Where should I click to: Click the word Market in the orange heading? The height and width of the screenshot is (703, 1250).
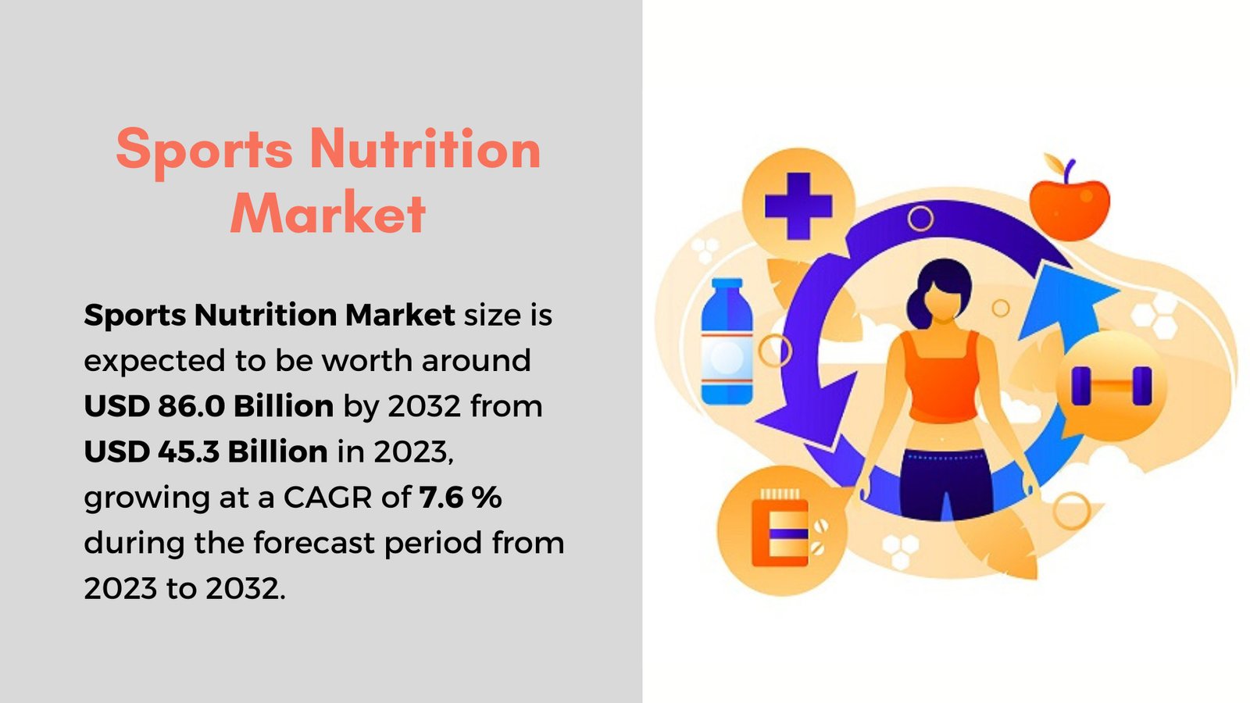click(x=328, y=212)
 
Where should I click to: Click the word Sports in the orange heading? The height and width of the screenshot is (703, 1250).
click(x=205, y=148)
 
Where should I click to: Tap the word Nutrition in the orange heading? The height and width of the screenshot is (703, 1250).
click(x=425, y=148)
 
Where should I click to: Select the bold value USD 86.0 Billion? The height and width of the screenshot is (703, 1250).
click(x=209, y=406)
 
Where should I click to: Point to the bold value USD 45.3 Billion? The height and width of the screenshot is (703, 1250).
click(x=205, y=451)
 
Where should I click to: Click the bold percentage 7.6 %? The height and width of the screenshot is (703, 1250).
click(x=460, y=497)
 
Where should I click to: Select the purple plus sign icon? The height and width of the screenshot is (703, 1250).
click(x=798, y=206)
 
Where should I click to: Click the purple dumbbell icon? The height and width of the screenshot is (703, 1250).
click(x=1111, y=386)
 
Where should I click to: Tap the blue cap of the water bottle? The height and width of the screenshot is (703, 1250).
click(x=727, y=284)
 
